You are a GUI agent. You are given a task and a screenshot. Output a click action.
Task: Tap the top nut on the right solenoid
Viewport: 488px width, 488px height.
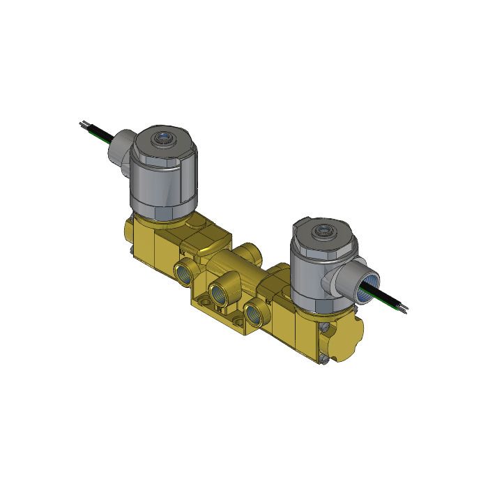[323, 231]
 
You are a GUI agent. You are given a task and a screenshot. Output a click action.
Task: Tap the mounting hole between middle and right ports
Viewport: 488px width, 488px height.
[238, 321]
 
